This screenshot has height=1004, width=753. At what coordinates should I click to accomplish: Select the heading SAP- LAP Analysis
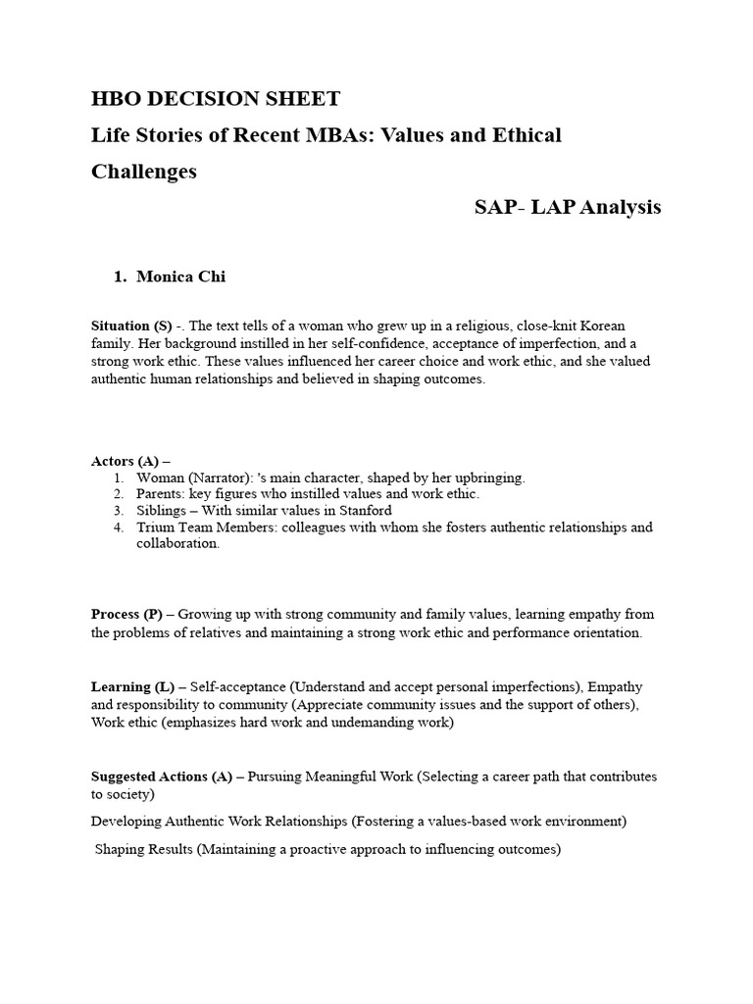(568, 207)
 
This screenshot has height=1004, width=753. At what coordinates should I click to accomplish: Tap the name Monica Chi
(180, 276)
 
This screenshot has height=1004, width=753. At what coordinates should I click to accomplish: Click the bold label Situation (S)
(131, 326)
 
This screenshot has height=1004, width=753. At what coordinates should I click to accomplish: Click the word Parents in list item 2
(159, 494)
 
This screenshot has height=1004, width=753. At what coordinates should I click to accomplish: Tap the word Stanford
(363, 511)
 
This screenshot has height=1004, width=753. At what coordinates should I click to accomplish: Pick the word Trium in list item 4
(155, 527)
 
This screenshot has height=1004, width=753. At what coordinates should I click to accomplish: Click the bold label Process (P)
(126, 614)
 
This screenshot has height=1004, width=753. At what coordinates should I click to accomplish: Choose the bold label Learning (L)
(132, 687)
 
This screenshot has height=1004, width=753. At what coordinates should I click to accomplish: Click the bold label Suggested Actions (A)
(161, 777)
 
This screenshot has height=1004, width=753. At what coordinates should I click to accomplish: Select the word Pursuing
(276, 777)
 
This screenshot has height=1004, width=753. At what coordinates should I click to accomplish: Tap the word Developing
(128, 821)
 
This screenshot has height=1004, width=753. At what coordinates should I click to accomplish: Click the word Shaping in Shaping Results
(121, 850)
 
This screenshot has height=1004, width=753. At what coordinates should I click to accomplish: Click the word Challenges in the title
(144, 171)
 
